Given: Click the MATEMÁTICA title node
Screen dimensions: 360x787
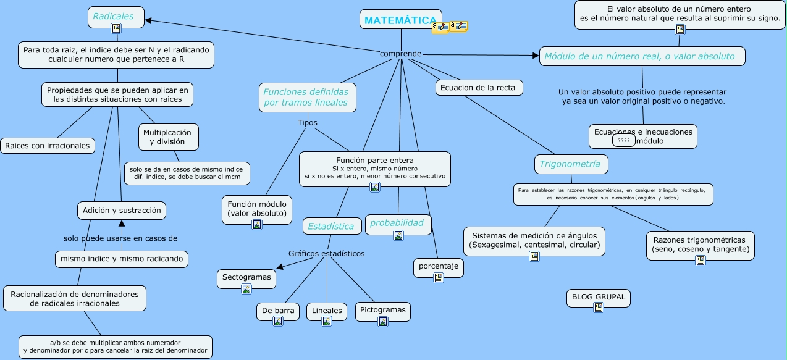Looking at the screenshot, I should click(400, 20).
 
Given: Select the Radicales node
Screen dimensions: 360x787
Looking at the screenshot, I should click(114, 16).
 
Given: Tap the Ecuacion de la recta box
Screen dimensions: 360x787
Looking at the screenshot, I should click(478, 88).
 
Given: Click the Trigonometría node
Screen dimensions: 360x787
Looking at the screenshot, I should click(570, 164).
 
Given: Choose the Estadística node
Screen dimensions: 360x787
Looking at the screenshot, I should click(331, 226).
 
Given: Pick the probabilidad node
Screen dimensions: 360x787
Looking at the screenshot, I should click(397, 223).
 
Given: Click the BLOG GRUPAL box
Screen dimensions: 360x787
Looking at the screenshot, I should click(598, 296).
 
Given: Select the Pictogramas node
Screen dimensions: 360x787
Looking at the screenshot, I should click(382, 310).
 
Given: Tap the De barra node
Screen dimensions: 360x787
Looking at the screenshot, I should click(277, 311).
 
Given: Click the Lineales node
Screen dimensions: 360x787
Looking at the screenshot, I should click(327, 311).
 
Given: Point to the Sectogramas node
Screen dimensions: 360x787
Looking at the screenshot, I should click(246, 277).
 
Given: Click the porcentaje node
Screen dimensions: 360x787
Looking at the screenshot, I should click(438, 266).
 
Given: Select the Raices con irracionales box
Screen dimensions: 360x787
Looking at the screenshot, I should click(48, 146).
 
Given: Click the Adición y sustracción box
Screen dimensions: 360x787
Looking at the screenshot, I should click(122, 210).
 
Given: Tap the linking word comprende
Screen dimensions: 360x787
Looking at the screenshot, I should click(400, 54).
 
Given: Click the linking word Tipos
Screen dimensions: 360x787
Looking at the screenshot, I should click(307, 122).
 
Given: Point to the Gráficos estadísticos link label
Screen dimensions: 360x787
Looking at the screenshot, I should click(326, 253).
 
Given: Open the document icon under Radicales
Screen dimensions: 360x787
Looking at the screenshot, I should click(116, 28).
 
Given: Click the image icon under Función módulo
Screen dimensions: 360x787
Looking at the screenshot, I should click(257, 225).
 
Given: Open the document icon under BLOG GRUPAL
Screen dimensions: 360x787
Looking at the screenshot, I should click(598, 308).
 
